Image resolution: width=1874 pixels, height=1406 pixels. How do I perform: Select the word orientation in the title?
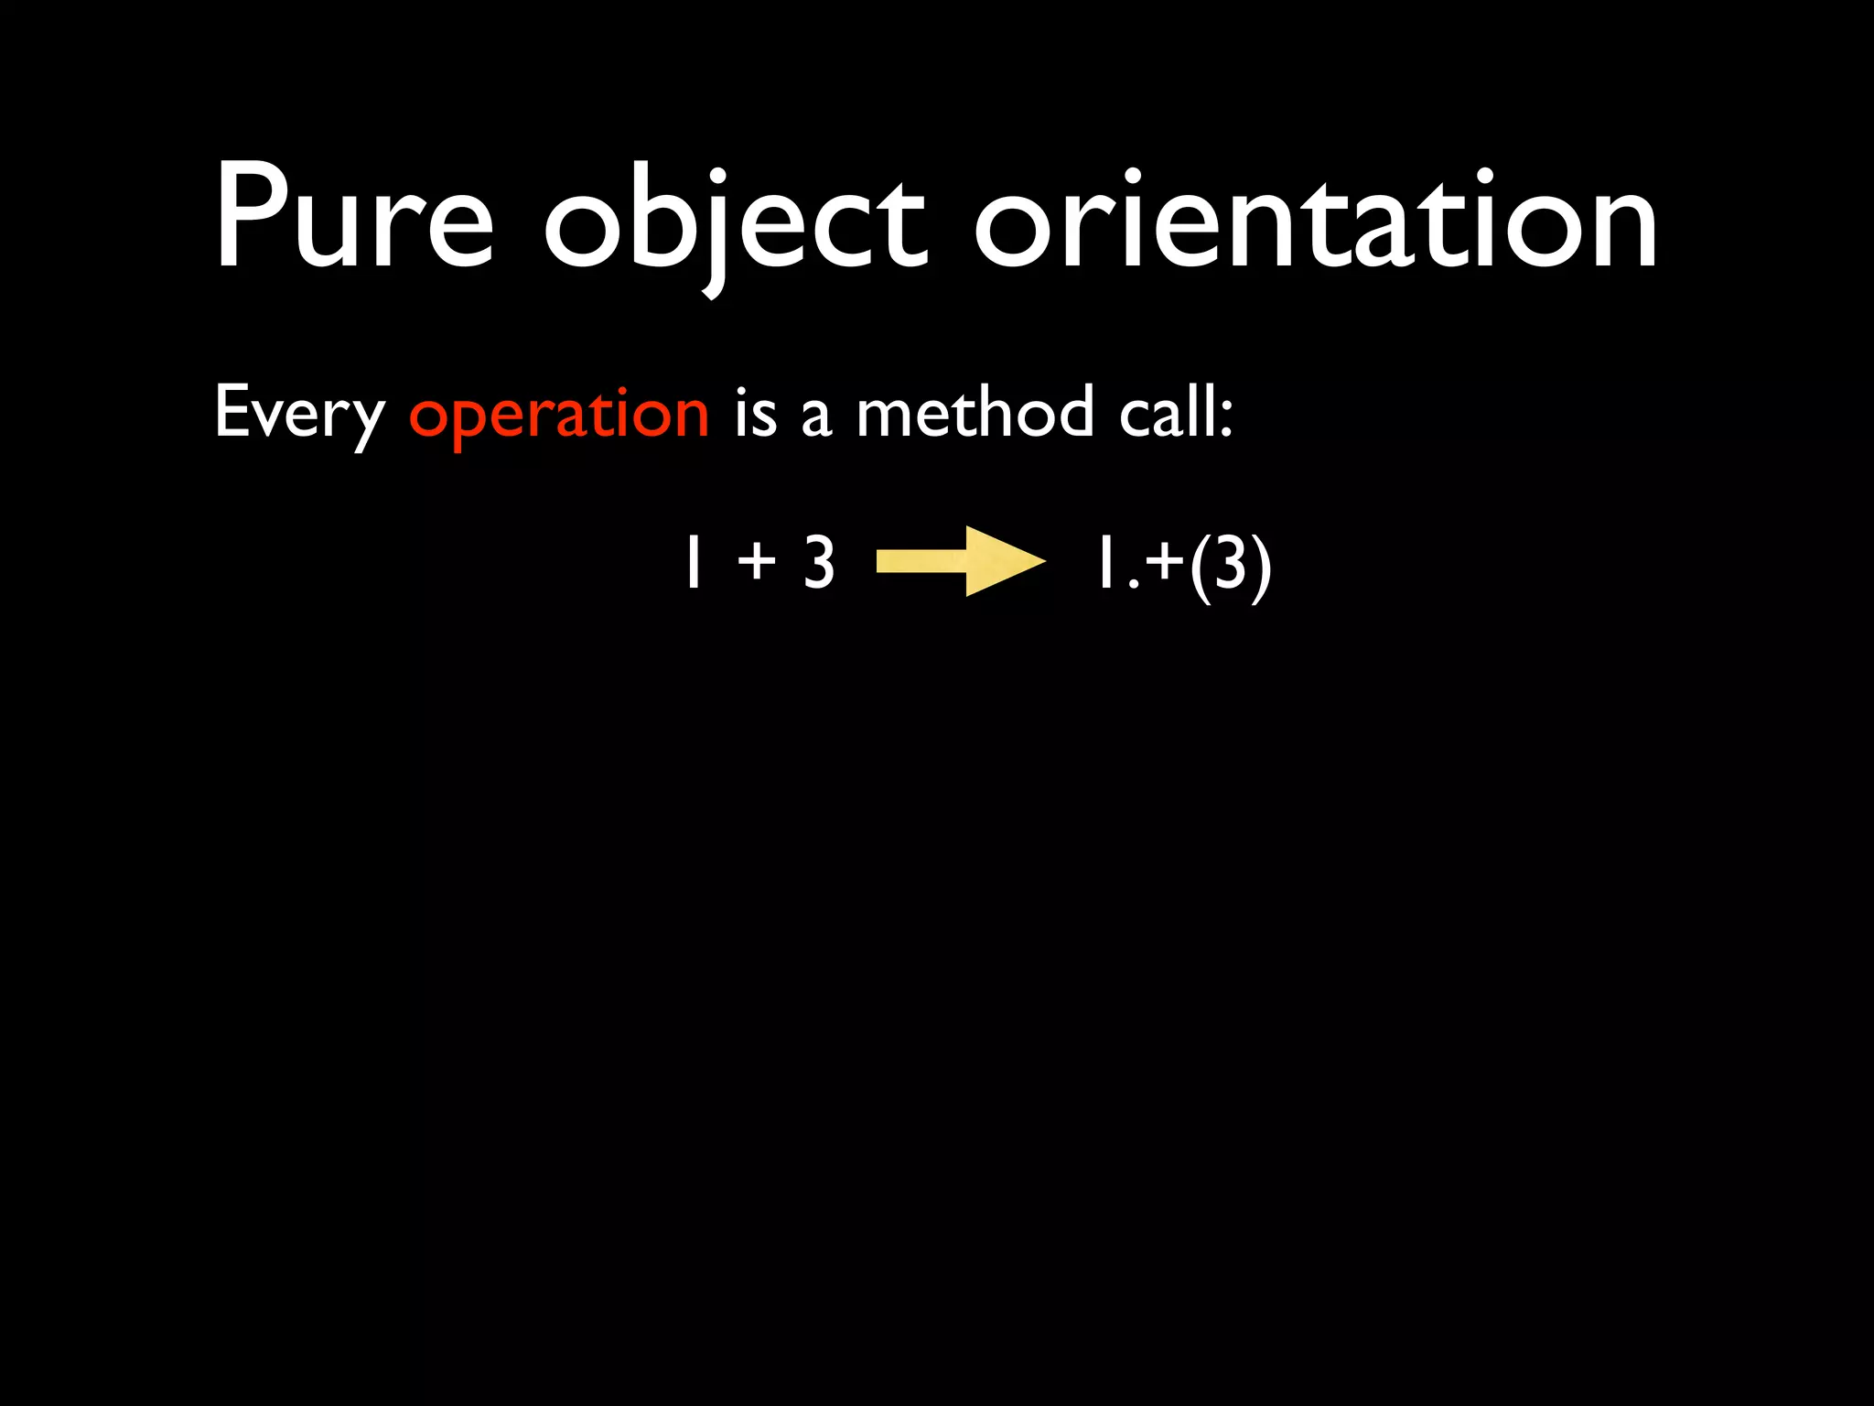(1315, 220)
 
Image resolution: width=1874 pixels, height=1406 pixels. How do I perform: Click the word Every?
(299, 415)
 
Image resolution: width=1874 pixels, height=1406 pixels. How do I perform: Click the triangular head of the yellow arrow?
(1002, 561)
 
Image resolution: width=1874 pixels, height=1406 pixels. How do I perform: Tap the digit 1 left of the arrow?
(693, 562)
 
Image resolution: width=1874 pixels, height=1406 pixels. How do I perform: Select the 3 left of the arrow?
(819, 562)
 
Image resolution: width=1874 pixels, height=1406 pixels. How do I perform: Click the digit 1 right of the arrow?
(1104, 562)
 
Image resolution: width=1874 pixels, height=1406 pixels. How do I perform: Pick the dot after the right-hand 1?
(1133, 583)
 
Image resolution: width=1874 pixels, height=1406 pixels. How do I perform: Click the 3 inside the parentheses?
(1230, 562)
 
